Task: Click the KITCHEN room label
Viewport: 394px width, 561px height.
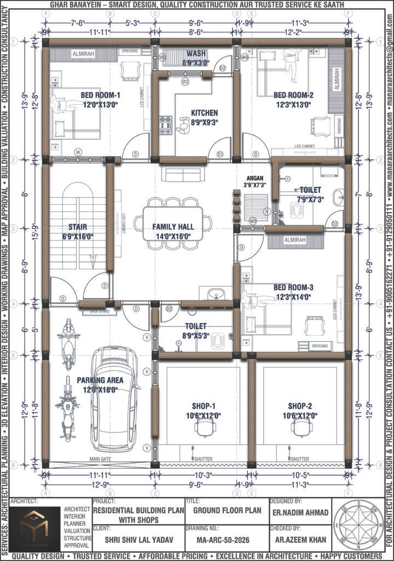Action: [204, 113]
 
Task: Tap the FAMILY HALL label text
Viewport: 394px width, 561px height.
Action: [173, 226]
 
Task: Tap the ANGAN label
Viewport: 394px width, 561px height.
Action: [254, 178]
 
